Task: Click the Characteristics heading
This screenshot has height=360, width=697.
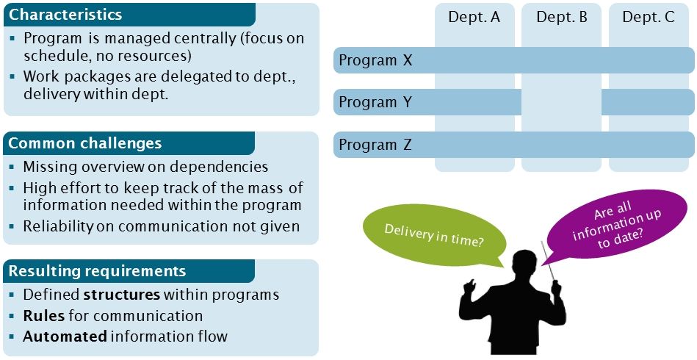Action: (x=65, y=15)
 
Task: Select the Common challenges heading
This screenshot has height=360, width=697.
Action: (x=84, y=143)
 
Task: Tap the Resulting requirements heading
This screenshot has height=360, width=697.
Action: (x=97, y=271)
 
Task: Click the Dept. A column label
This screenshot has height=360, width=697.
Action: (x=474, y=17)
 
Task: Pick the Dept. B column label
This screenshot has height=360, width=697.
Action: (x=562, y=17)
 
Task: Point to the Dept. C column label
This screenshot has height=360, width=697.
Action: (x=649, y=17)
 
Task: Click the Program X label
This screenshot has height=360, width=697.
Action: (x=375, y=60)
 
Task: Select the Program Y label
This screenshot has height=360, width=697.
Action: (x=375, y=102)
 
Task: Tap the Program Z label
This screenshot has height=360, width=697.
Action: (x=375, y=145)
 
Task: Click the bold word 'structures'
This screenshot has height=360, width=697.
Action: (x=122, y=295)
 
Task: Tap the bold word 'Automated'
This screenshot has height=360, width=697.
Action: (x=65, y=336)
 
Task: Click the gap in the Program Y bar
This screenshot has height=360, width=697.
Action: (x=562, y=102)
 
